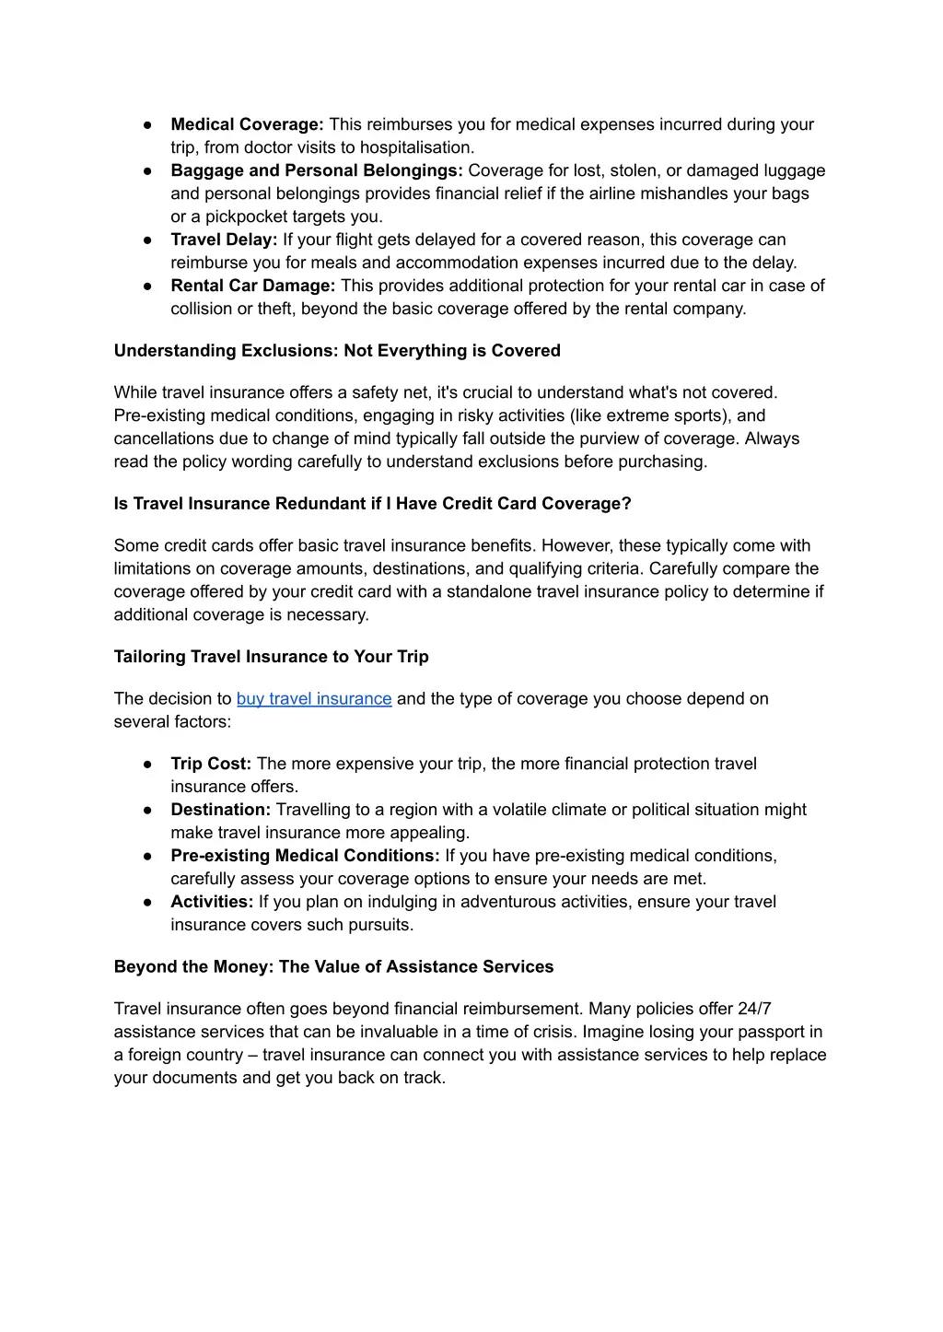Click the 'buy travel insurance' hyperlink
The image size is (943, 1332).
point(314,698)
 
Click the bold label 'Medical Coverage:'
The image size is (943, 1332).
point(247,124)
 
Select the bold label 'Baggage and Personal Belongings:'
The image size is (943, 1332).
point(317,170)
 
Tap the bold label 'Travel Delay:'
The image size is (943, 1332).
point(224,240)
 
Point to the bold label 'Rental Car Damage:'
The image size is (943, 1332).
point(253,286)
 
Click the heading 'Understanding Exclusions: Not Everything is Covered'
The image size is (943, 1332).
point(337,351)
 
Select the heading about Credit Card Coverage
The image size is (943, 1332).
point(372,504)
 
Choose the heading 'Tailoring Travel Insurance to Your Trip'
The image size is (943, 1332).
point(271,657)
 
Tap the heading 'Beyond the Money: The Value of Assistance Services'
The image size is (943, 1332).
point(333,967)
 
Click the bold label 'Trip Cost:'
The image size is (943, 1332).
point(211,764)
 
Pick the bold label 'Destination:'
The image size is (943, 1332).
point(220,810)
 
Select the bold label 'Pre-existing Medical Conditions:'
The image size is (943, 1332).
point(305,856)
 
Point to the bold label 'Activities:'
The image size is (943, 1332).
point(212,902)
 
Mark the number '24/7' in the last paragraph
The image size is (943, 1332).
point(754,1009)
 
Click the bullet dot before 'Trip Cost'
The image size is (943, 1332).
point(147,764)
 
